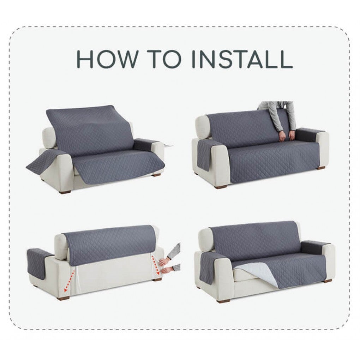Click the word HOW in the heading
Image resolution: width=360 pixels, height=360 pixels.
tap(107, 59)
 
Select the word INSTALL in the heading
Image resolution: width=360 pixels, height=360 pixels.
tap(242, 59)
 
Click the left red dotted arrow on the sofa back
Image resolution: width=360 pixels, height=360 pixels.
tap(70, 281)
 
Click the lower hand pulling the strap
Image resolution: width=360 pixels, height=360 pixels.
tap(167, 270)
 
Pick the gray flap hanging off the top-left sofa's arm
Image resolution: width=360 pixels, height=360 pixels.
tap(44, 163)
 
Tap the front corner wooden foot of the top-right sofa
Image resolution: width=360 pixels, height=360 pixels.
tap(220, 187)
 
